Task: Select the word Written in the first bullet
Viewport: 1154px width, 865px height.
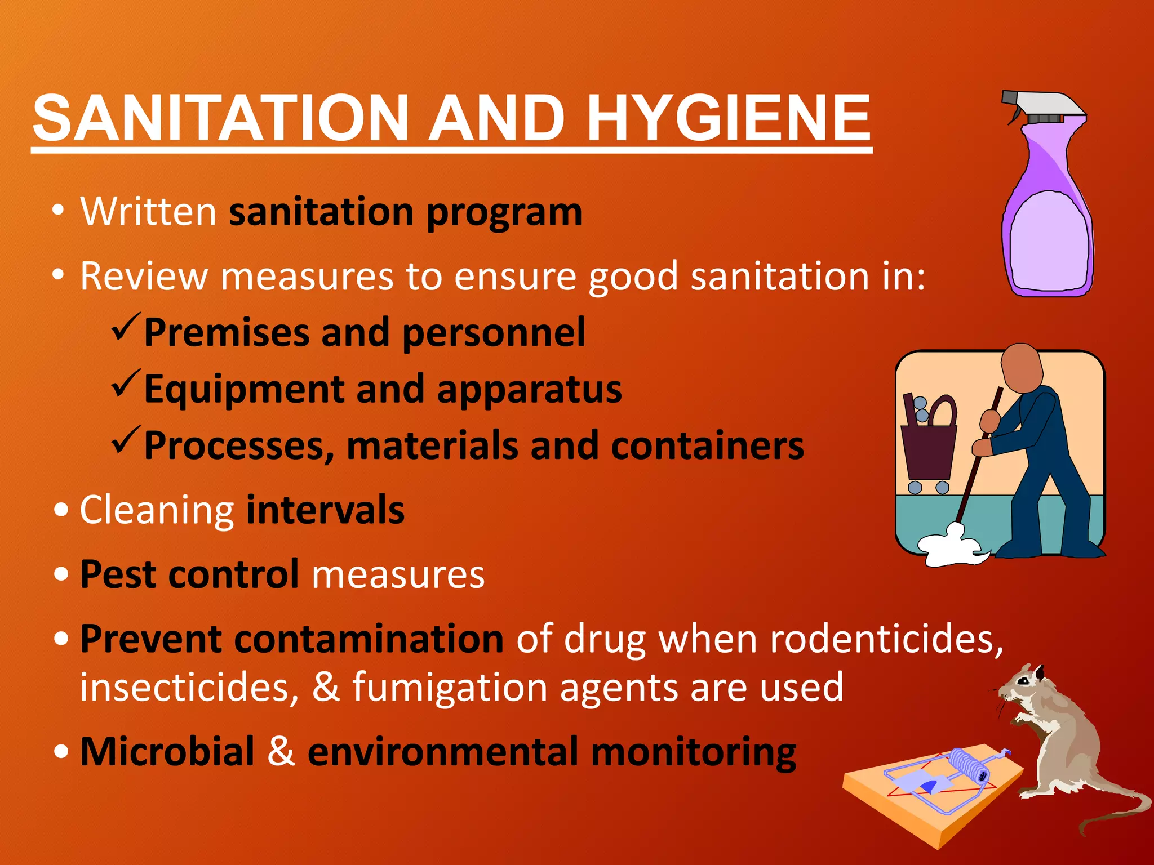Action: pyautogui.click(x=148, y=212)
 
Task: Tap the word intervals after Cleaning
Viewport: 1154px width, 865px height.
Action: pyautogui.click(x=325, y=510)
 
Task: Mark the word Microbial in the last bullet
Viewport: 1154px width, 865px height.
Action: pyautogui.click(x=167, y=752)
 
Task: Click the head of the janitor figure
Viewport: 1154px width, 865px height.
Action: pyautogui.click(x=1021, y=369)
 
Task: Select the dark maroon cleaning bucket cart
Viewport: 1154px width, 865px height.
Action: pyautogui.click(x=927, y=451)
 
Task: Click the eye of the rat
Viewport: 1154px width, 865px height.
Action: pyautogui.click(x=1023, y=682)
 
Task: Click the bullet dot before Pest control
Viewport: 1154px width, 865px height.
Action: pyautogui.click(x=62, y=574)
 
